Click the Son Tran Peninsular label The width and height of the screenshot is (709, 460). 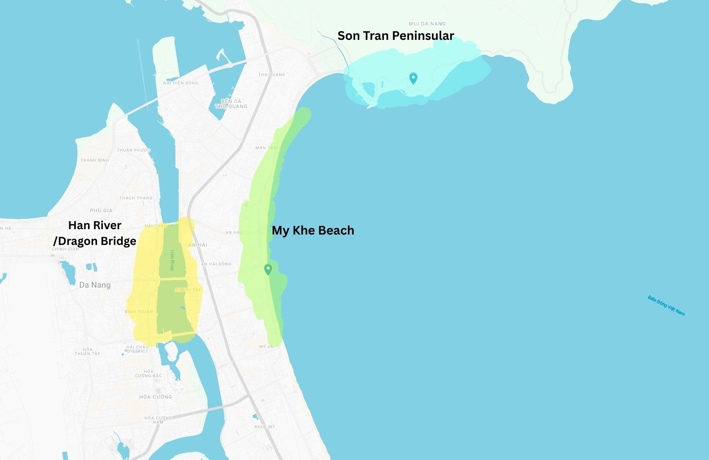click(396, 36)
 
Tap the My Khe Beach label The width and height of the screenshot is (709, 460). click(313, 230)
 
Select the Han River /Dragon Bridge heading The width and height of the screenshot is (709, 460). click(95, 233)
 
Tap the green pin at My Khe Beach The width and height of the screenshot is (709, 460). click(268, 269)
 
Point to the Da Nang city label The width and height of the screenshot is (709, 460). click(95, 285)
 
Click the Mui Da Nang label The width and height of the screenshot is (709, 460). click(427, 24)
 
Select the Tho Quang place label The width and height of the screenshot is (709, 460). click(272, 75)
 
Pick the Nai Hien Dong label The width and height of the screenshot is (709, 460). click(181, 83)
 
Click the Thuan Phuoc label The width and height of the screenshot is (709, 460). click(134, 150)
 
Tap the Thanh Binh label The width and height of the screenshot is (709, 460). click(95, 160)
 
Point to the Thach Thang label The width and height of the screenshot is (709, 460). click(136, 198)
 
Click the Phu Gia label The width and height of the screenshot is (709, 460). click(101, 210)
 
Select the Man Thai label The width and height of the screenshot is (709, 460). click(267, 148)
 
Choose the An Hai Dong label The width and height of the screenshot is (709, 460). click(216, 264)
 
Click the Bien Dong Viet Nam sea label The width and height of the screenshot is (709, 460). click(666, 306)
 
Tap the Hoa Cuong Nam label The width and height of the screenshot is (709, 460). click(158, 420)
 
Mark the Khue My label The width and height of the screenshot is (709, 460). click(265, 427)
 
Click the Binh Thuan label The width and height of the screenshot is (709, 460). click(139, 312)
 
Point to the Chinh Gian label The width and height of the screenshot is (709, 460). click(65, 249)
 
